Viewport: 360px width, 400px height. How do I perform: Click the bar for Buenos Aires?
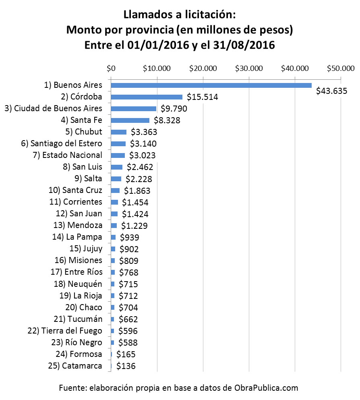coord(211,85)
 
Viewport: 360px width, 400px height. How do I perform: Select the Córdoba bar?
coord(147,97)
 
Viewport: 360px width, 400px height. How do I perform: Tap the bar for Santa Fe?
coord(130,120)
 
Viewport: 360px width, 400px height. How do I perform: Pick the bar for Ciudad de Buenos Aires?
coord(133,108)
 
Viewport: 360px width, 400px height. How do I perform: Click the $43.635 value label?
coord(331,91)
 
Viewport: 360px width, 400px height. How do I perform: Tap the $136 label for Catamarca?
coord(126,366)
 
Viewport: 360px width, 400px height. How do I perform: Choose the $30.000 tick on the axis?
coord(249,68)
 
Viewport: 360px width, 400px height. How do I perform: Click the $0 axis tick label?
coord(111,68)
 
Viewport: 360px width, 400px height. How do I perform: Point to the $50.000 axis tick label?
coord(341,68)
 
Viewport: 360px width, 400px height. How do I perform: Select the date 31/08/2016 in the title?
coord(245,46)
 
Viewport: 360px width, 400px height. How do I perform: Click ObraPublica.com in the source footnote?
coord(267,388)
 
